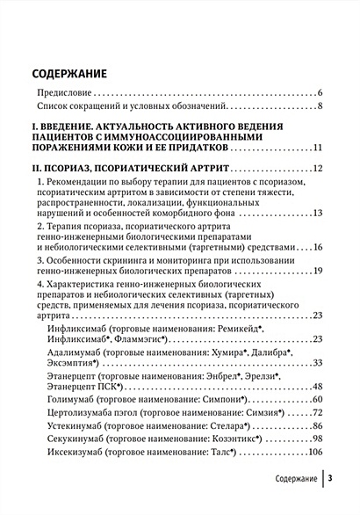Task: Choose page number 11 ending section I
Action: click(x=318, y=149)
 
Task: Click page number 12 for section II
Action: click(x=318, y=168)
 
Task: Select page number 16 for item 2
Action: click(x=318, y=249)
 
